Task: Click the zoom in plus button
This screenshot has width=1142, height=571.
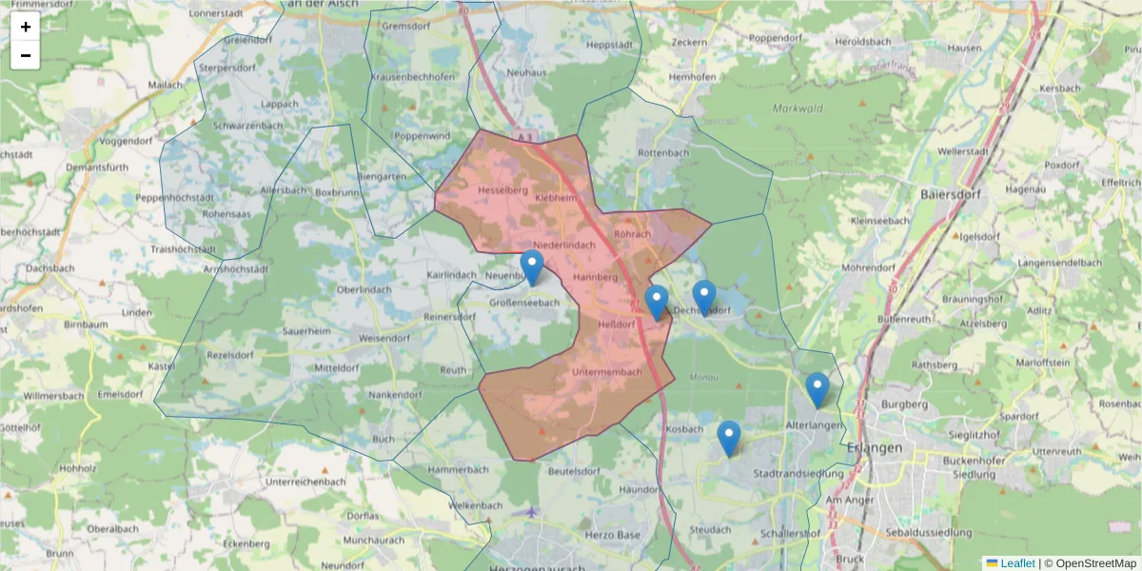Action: pos(26,27)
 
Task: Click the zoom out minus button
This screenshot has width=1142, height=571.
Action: pos(26,55)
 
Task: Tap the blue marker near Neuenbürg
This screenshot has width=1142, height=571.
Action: pos(532,267)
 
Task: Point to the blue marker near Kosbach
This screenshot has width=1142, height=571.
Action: pos(729,439)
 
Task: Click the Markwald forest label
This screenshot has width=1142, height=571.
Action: pos(797,108)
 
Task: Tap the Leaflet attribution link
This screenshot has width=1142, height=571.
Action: pos(1017,563)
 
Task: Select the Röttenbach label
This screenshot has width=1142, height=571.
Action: pos(662,153)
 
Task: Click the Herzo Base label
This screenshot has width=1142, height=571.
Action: pos(616,535)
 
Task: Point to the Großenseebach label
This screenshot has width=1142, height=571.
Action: pos(524,303)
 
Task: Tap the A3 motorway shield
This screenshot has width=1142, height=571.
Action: pos(524,137)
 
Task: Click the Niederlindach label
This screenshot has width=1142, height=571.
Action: pos(557,246)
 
